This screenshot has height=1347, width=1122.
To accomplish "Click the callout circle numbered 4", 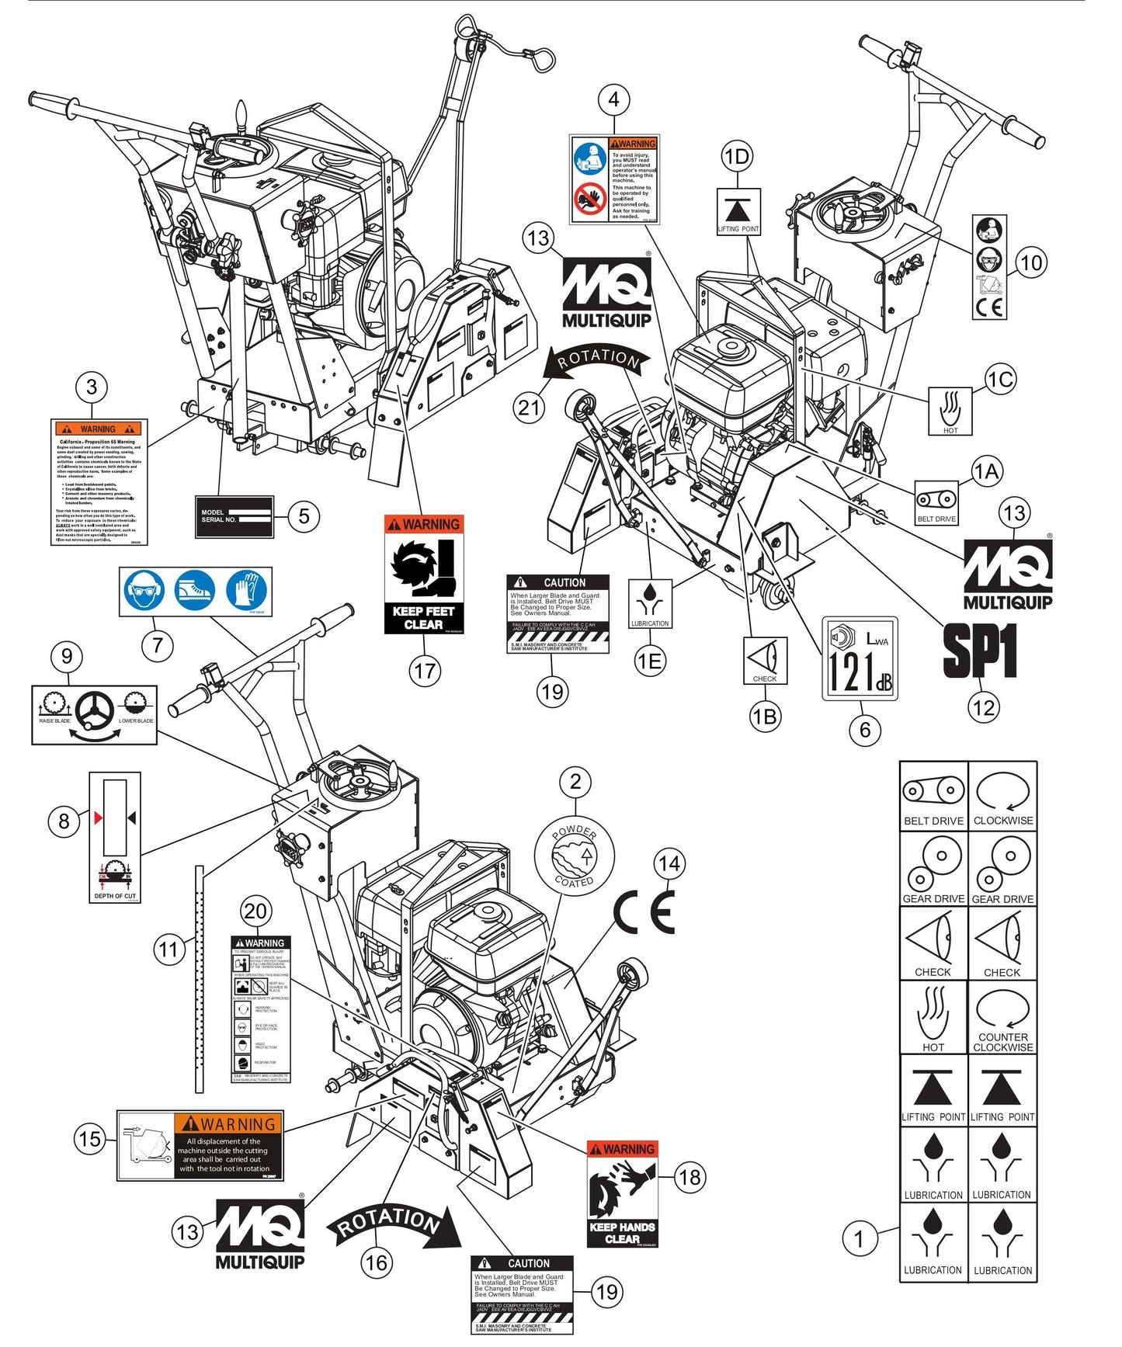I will click(613, 99).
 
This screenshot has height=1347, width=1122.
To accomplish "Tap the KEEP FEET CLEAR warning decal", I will click(424, 575).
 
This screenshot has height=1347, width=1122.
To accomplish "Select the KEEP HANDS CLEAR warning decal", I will click(622, 1193).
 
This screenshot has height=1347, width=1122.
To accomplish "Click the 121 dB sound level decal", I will click(860, 658).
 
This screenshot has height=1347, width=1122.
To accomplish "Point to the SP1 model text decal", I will click(980, 651).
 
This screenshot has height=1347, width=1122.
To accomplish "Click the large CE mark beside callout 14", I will click(644, 911).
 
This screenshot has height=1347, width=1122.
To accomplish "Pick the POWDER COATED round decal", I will click(575, 856).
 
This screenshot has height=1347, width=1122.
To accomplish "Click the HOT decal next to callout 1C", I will click(950, 411).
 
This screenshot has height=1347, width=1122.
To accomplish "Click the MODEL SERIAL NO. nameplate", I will click(234, 516).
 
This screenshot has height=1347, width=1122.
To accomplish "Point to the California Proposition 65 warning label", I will click(99, 481).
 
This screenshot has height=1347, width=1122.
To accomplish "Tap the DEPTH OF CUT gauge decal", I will click(115, 837).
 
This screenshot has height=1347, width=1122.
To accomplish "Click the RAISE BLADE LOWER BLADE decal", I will click(94, 714).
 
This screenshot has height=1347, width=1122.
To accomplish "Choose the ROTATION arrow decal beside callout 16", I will click(394, 1224).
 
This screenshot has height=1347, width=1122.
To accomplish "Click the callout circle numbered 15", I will click(89, 1139).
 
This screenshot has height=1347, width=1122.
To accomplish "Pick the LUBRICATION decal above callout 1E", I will click(650, 603).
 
